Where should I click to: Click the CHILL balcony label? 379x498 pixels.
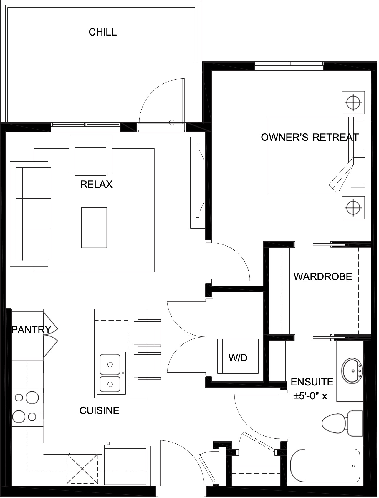(103, 32)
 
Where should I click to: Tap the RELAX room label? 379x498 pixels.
(96, 184)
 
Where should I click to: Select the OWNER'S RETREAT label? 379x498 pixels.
(310, 137)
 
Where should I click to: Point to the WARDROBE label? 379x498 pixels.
(323, 276)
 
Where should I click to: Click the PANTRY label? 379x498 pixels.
(32, 330)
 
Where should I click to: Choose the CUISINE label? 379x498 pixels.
(99, 410)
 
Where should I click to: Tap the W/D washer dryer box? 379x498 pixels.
(238, 356)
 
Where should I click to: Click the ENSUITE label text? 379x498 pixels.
(312, 382)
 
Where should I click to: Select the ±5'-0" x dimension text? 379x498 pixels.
(310, 396)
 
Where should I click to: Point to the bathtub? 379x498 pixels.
(325, 465)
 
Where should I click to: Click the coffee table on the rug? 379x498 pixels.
(94, 228)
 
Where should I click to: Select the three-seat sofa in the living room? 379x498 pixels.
(30, 214)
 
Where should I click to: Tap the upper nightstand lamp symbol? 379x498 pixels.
(353, 103)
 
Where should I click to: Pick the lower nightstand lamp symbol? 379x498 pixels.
(353, 208)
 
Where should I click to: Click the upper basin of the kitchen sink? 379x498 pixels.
(110, 364)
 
